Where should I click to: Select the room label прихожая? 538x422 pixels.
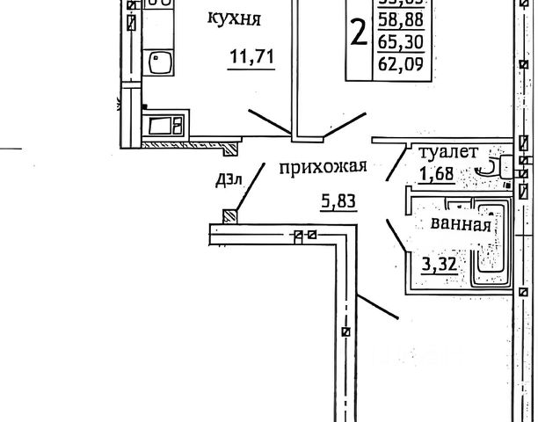click(x=322, y=167)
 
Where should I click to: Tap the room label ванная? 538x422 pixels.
click(x=460, y=223)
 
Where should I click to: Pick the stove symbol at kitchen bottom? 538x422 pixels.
click(x=165, y=125)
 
